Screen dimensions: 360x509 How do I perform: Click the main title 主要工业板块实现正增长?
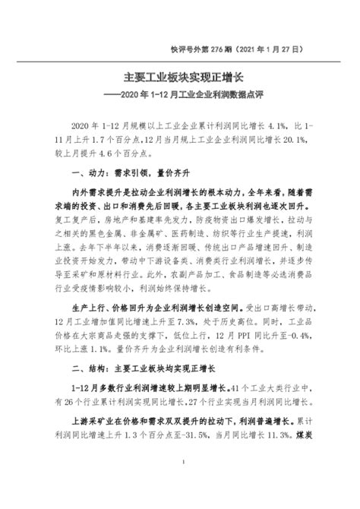point(180,77)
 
